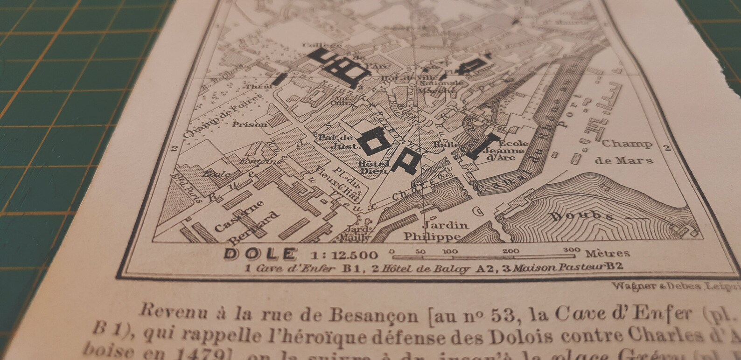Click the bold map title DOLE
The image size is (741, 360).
[260, 254]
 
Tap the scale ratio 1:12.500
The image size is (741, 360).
[343, 255]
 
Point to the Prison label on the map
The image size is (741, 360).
[250, 124]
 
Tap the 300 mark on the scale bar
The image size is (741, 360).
[571, 250]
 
